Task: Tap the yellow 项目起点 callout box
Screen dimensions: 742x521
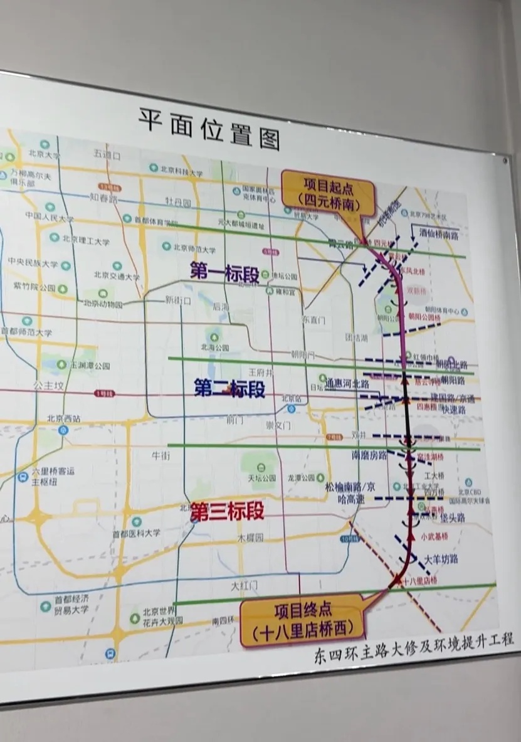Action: click(x=329, y=193)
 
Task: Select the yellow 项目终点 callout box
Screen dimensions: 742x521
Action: click(x=303, y=620)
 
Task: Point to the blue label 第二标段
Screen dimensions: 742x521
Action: click(x=229, y=389)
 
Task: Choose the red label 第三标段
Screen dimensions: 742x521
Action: click(x=227, y=511)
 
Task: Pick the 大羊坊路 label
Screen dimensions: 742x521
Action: click(x=441, y=558)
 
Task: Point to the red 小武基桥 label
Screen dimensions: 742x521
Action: click(x=434, y=536)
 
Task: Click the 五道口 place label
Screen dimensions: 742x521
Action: click(x=107, y=154)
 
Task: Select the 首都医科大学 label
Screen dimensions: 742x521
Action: click(x=136, y=533)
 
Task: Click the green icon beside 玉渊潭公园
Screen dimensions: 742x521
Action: click(x=61, y=364)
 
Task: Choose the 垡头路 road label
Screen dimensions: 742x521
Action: click(x=452, y=518)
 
